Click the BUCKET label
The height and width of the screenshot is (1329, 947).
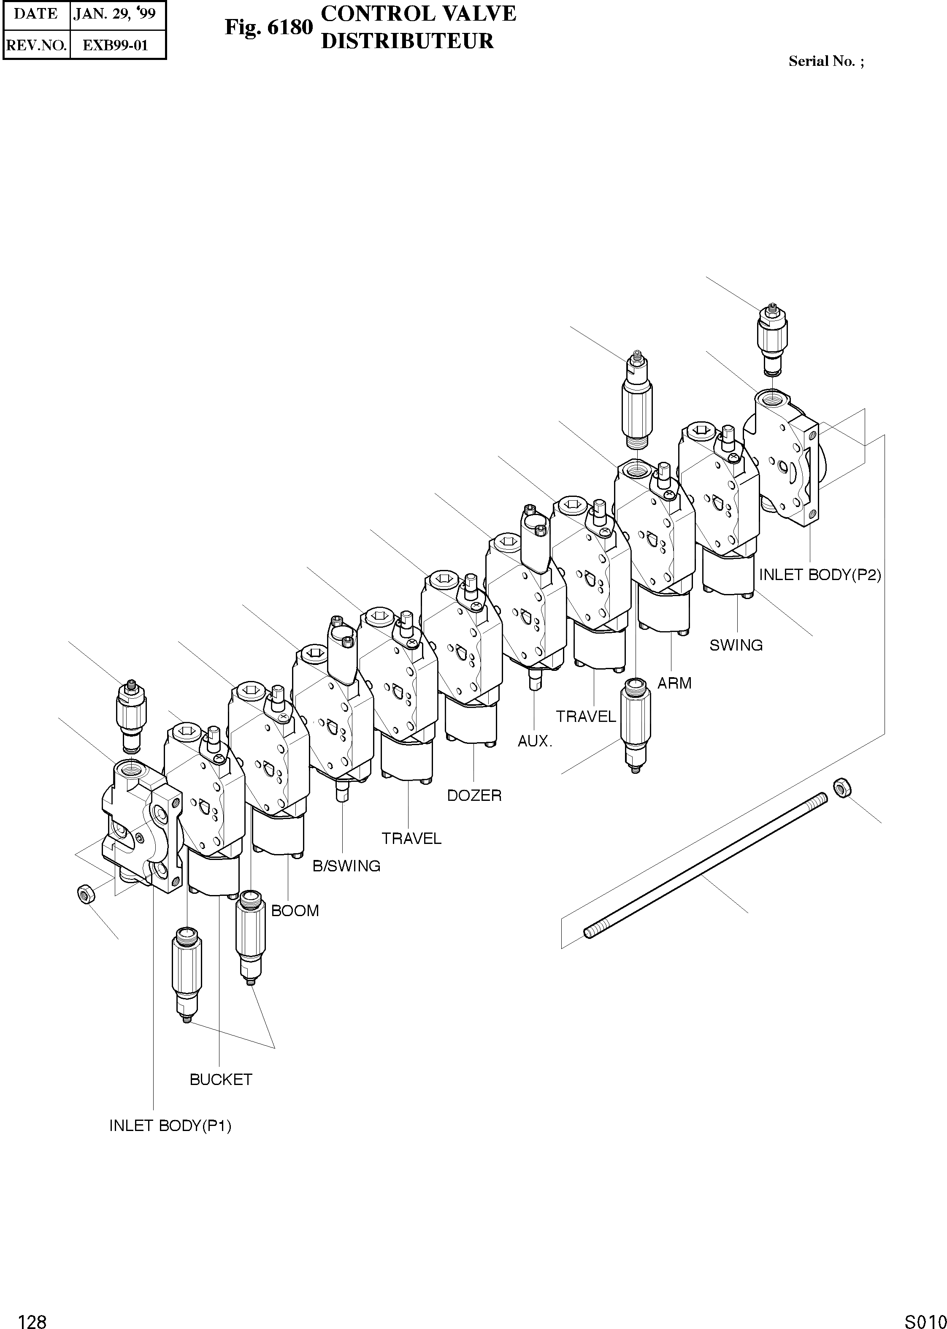[220, 1079]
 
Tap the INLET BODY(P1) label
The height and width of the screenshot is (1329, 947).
[170, 1126]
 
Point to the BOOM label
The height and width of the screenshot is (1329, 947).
[295, 910]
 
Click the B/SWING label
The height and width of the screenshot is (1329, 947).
[346, 866]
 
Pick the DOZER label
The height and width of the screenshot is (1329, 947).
[474, 795]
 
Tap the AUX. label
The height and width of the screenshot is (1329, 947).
[535, 741]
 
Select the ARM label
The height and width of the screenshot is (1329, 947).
[675, 683]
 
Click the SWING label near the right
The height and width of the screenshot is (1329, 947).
[736, 645]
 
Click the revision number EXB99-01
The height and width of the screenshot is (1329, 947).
[116, 46]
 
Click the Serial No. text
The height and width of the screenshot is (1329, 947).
[826, 61]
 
